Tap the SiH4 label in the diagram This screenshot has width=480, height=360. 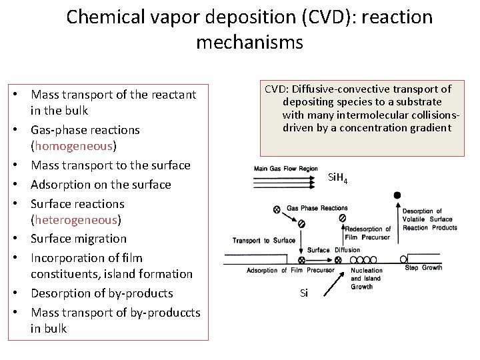(338, 179)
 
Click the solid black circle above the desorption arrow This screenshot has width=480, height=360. (397, 195)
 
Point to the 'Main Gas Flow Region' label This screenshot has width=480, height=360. (285, 169)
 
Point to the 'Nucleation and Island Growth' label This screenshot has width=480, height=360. (367, 279)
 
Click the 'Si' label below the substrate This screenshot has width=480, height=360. (304, 293)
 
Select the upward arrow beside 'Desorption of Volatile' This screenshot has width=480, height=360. (402, 227)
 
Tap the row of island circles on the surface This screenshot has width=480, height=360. (347, 259)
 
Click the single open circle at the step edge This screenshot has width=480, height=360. (403, 259)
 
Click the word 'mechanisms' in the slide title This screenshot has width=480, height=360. (249, 43)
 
